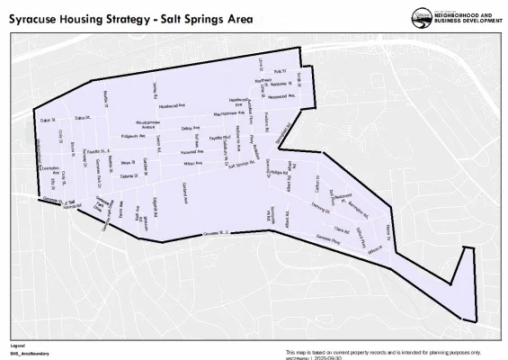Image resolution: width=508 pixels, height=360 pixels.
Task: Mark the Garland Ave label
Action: click(183, 193)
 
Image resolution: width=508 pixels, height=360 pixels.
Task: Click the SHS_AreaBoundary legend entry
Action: click(30, 354)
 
